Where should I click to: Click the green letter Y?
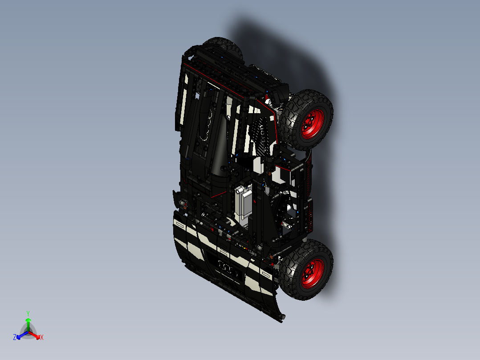(28, 313)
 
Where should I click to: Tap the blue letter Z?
(15, 337)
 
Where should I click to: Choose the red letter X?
(41, 337)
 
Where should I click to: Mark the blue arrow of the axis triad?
(20, 335)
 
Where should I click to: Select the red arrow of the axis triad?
(36, 335)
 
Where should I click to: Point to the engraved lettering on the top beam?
(232, 71)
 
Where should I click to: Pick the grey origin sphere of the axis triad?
(28, 331)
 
